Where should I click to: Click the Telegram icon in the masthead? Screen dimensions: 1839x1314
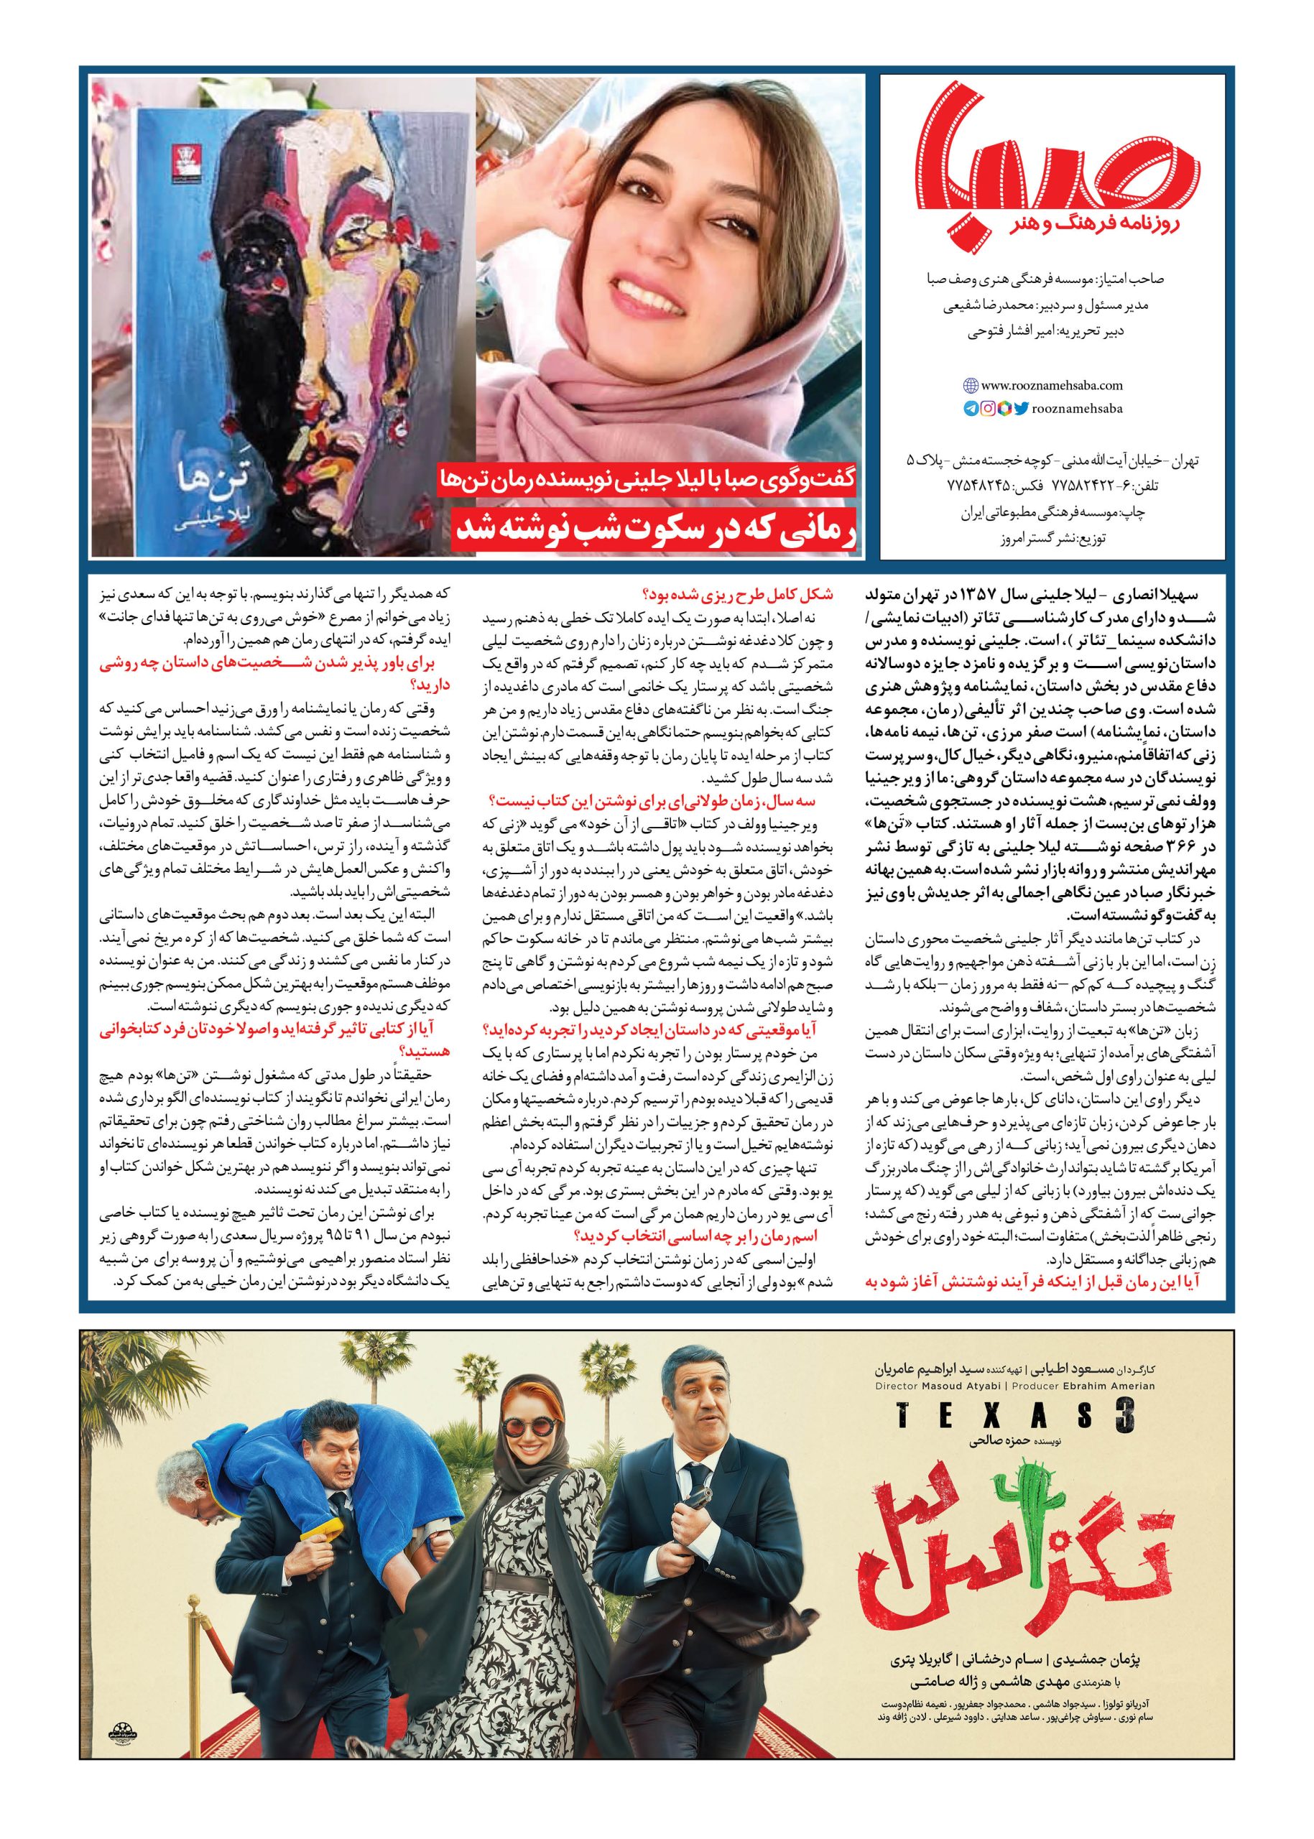[970, 409]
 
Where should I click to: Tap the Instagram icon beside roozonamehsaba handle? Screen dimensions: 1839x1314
[988, 409]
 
